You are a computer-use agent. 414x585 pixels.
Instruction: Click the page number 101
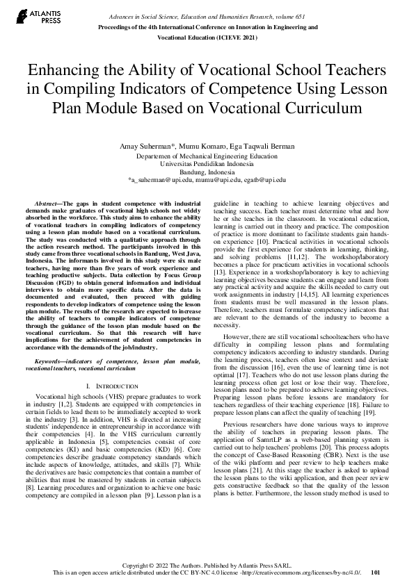pos(376,572)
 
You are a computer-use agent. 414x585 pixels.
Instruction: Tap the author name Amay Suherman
pos(147,148)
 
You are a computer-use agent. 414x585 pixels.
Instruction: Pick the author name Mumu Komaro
pos(201,148)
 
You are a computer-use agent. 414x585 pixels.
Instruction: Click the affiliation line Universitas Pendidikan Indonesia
pos(207,164)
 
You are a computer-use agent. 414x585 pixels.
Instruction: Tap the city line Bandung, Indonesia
pos(207,172)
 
